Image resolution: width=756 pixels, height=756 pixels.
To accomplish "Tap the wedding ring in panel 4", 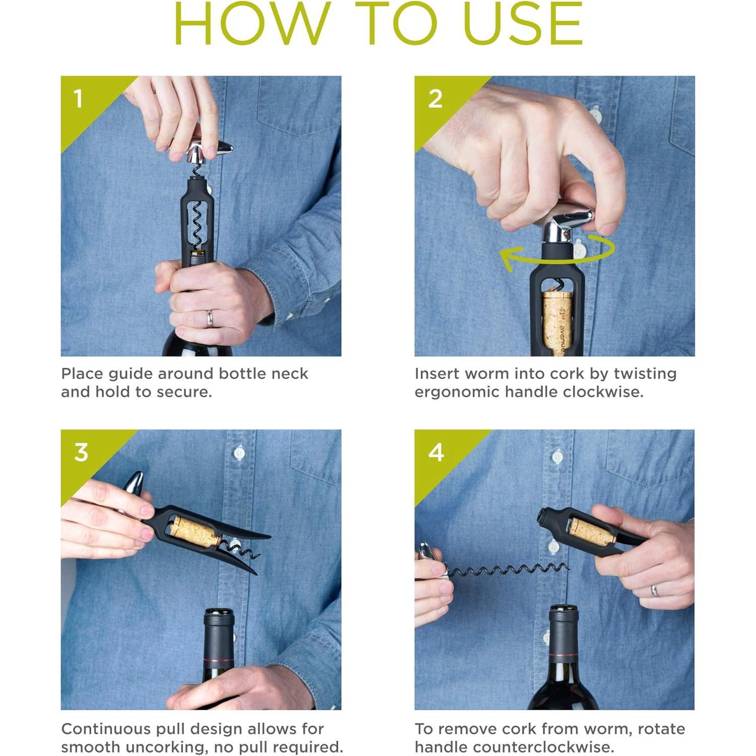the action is point(654,590).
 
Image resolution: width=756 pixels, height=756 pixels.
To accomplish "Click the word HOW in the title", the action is point(252,24).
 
